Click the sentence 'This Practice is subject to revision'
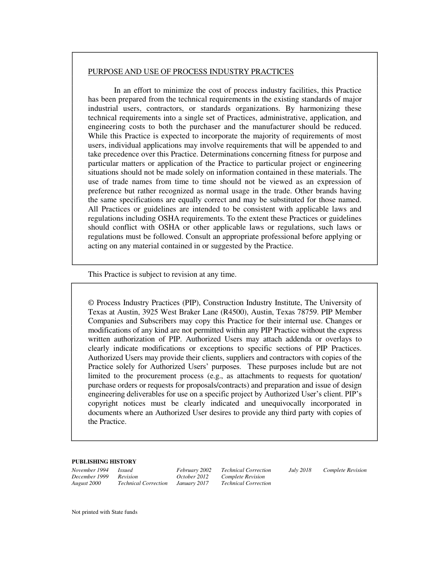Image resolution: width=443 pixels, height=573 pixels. coord(162,274)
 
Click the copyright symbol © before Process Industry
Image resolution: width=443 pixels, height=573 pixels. coord(91,303)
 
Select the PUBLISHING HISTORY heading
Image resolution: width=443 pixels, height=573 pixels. coord(104,462)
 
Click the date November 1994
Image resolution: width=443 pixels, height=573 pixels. coord(90,470)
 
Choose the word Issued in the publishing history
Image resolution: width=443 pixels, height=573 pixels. coord(125,470)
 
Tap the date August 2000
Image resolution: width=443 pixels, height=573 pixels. coord(86,483)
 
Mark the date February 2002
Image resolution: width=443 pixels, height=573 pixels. coord(194,470)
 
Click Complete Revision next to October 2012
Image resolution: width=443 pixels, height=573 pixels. coord(242,477)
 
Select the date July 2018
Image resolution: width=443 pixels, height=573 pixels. coord(300,470)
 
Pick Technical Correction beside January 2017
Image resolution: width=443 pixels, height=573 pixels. coord(246,483)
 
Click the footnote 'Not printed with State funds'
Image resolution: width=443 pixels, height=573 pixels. coord(104,512)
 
